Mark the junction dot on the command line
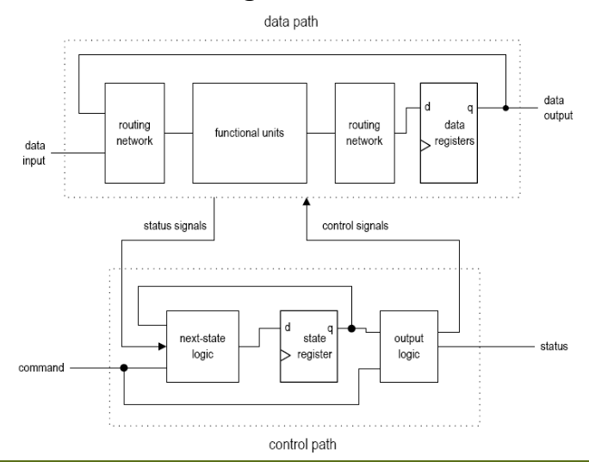pyautogui.click(x=124, y=367)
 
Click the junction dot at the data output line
pyautogui.click(x=505, y=109)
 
